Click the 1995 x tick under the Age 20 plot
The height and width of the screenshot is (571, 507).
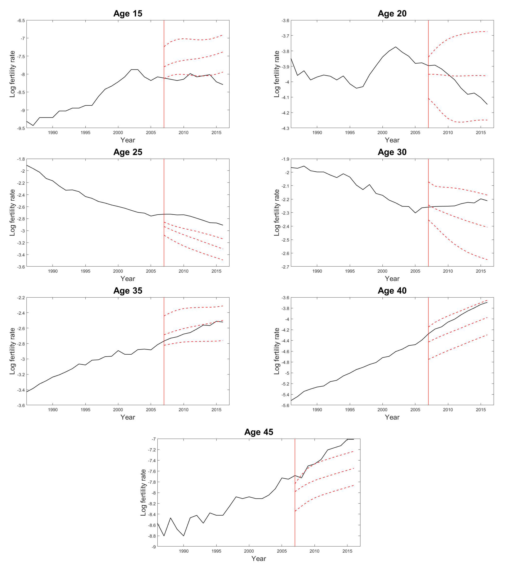(350, 133)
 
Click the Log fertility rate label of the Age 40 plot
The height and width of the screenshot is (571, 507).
(277, 351)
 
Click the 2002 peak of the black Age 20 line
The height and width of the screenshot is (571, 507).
(396, 47)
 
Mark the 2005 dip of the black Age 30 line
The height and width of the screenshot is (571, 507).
(415, 213)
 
